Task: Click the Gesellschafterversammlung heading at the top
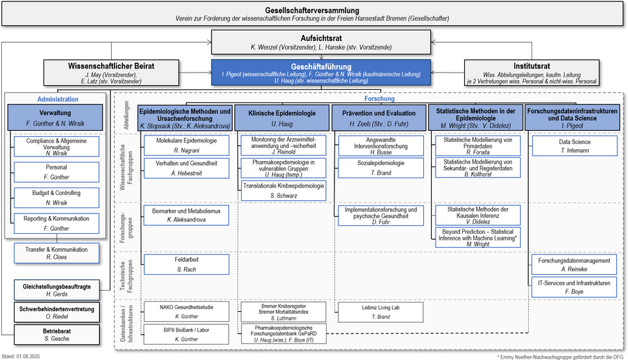(x=312, y=11)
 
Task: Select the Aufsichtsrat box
(x=321, y=42)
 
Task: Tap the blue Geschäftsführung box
(x=321, y=73)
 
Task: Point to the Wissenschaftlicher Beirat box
(x=111, y=73)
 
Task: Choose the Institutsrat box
(x=531, y=73)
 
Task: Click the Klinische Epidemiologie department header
(x=282, y=118)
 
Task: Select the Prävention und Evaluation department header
(x=379, y=118)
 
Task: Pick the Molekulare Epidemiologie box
(x=186, y=145)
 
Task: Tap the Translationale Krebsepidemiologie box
(x=284, y=190)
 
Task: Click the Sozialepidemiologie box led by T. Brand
(x=381, y=168)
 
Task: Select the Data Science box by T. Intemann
(x=574, y=145)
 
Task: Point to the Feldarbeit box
(x=186, y=264)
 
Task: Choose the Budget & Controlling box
(x=56, y=198)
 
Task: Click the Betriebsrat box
(x=57, y=334)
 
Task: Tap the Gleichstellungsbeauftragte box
(x=57, y=290)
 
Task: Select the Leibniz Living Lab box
(x=381, y=312)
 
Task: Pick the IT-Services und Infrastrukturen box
(x=574, y=287)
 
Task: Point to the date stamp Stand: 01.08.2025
(x=21, y=357)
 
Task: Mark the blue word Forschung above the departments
(x=379, y=98)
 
